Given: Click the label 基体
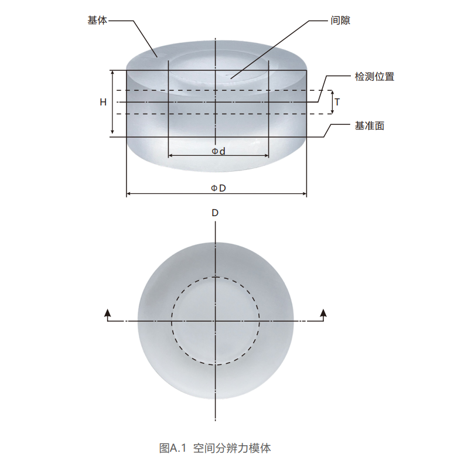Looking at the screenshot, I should [97, 21].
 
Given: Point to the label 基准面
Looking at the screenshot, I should [369, 125].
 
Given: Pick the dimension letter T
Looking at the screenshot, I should [337, 102].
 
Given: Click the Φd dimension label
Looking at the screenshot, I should [218, 151].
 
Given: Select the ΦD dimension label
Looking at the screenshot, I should [218, 187].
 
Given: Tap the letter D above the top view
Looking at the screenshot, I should [215, 213].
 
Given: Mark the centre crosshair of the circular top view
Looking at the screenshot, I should [216, 321].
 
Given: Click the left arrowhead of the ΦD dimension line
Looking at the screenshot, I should [128, 193].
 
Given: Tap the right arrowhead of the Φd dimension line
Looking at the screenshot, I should [267, 156].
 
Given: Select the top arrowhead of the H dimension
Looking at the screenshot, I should [112, 72].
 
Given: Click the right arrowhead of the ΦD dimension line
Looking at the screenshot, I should [305, 193].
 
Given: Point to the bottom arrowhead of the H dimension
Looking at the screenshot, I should [112, 135].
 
